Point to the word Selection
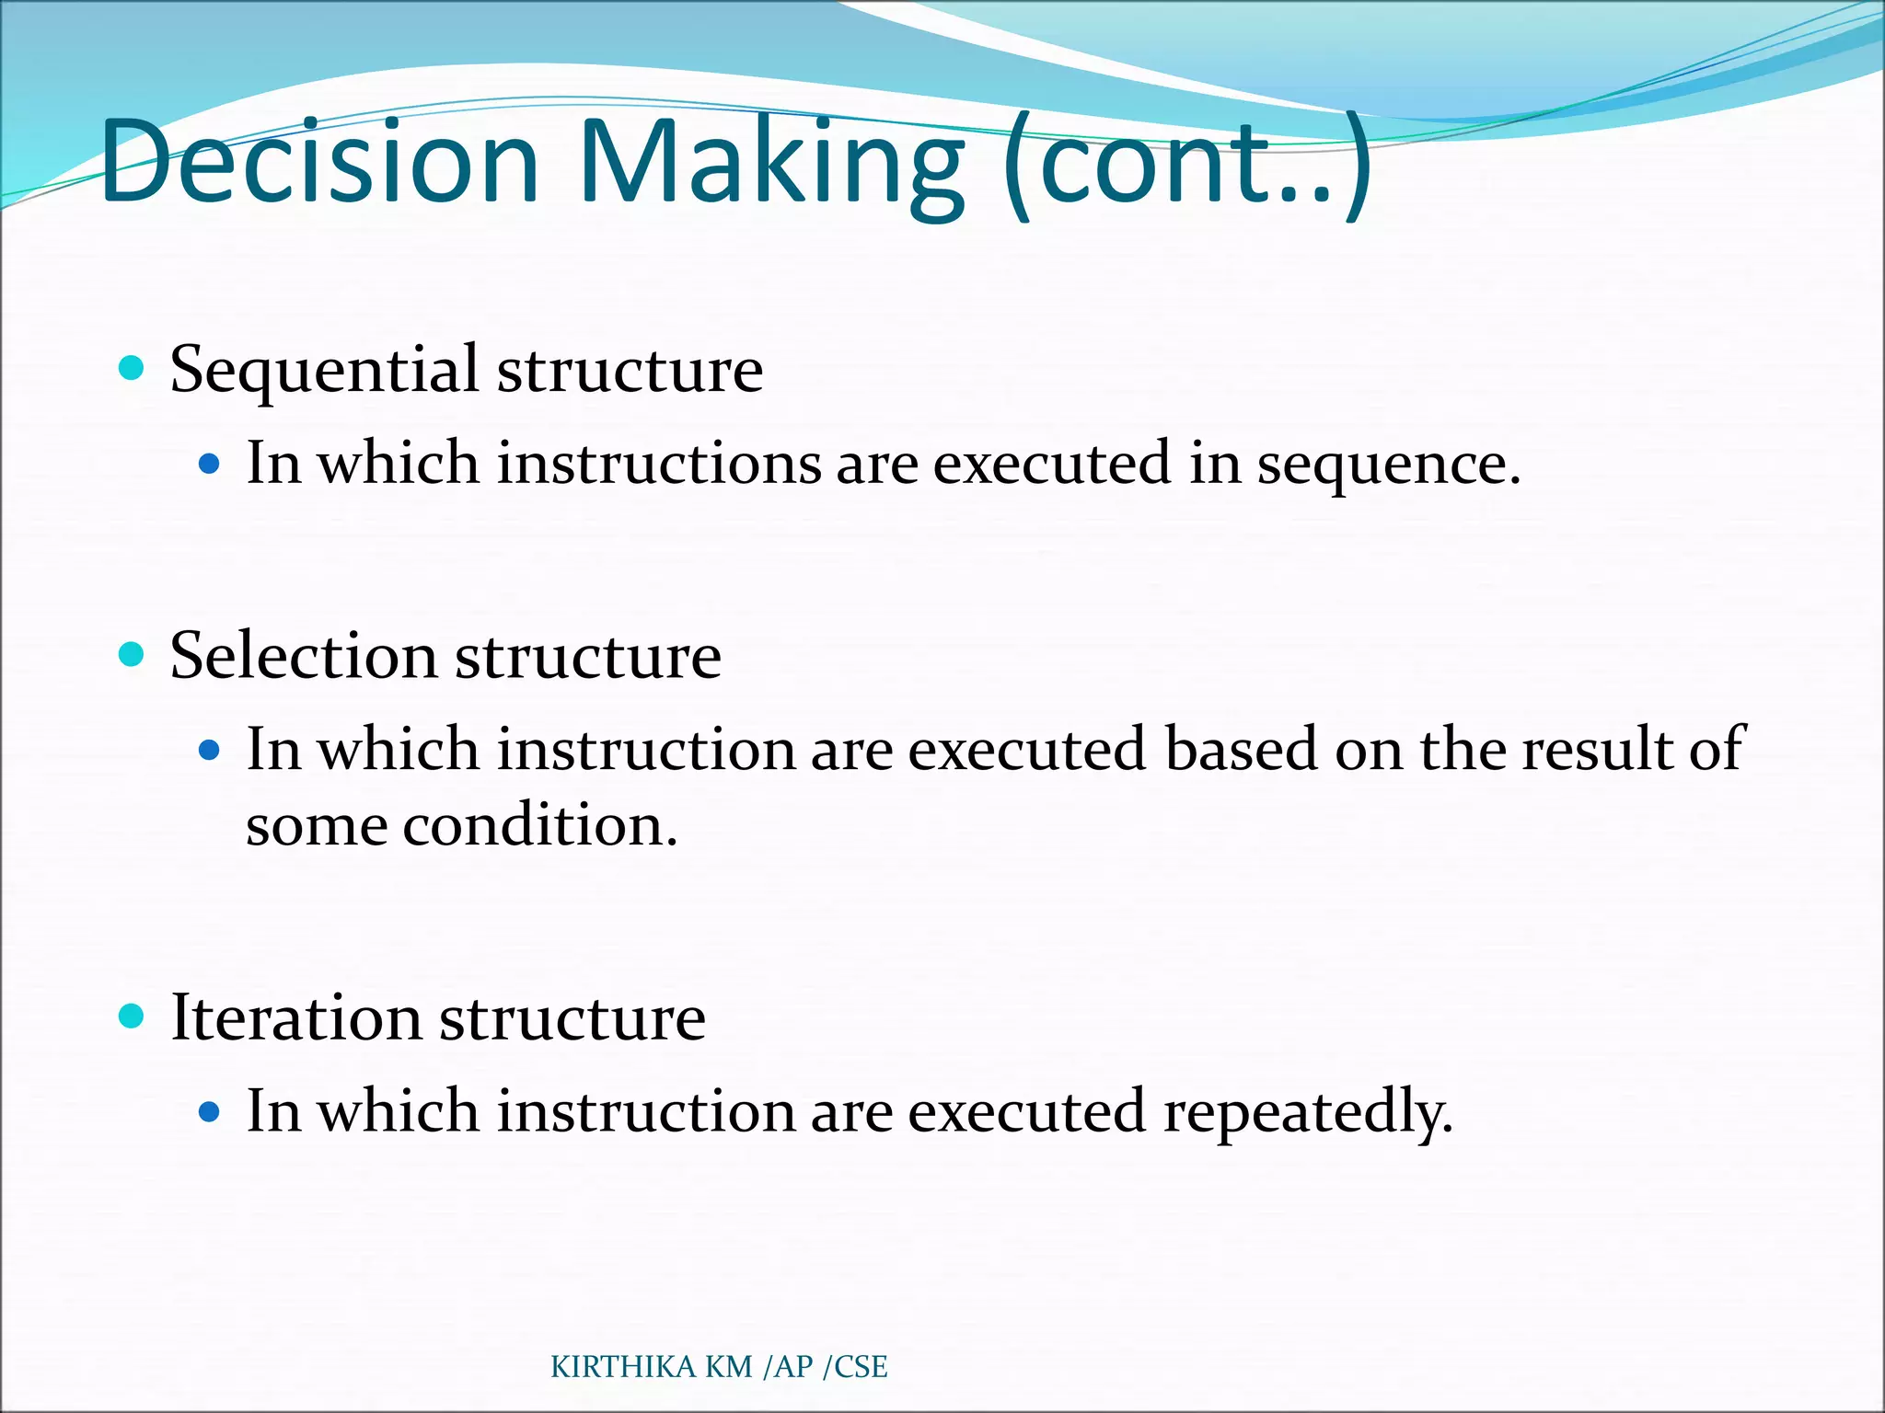pyautogui.click(x=303, y=658)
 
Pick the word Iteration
pyautogui.click(x=295, y=1018)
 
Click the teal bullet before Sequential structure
pyautogui.click(x=133, y=369)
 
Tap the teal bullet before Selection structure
pyautogui.click(x=133, y=655)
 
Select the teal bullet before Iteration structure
pyautogui.click(x=133, y=1017)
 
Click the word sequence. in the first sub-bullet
pyautogui.click(x=1389, y=465)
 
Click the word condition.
pyautogui.click(x=540, y=825)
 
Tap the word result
pyautogui.click(x=1596, y=750)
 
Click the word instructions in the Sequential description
pyautogui.click(x=659, y=464)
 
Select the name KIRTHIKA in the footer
pyautogui.click(x=623, y=1367)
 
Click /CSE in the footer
pyautogui.click(x=855, y=1367)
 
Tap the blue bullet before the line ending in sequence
pyautogui.click(x=210, y=465)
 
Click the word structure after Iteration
pyautogui.click(x=572, y=1018)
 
